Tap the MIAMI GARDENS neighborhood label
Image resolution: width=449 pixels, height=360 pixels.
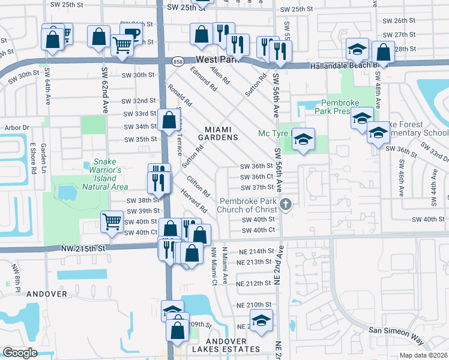pyautogui.click(x=221, y=133)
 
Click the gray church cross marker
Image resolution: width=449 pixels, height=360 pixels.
pyautogui.click(x=286, y=205)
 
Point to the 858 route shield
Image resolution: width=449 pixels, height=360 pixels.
pyautogui.click(x=178, y=61)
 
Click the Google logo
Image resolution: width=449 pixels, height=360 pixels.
pyautogui.click(x=20, y=353)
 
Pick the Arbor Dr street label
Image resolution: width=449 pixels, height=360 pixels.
pyautogui.click(x=17, y=127)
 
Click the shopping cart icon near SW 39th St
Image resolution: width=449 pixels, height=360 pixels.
pyautogui.click(x=112, y=221)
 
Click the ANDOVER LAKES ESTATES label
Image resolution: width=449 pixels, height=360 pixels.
pyautogui.click(x=226, y=349)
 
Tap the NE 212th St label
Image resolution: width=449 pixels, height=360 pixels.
pyautogui.click(x=255, y=283)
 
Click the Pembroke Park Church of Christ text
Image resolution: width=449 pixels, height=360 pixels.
pyautogui.click(x=249, y=205)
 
